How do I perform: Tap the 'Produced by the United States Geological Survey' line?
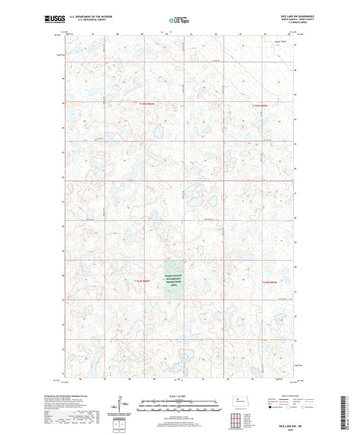click(68, 396)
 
